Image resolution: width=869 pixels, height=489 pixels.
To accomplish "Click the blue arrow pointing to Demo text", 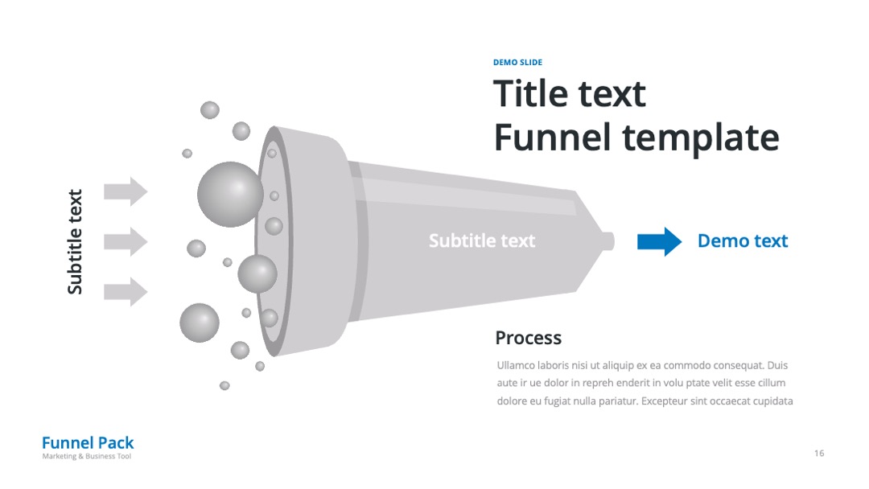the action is point(659,241).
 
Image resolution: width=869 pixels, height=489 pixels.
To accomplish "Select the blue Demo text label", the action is point(743,241).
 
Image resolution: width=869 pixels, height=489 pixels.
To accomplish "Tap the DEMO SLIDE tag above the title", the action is point(517,62).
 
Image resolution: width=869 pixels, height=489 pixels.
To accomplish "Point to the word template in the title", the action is point(701,138).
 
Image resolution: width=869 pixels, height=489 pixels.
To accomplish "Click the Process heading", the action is point(528,338).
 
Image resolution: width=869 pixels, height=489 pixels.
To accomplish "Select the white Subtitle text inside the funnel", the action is point(482,241).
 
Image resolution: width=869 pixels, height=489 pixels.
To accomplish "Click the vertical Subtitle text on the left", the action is point(75,241).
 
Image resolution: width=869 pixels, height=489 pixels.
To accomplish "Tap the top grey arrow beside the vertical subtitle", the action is point(126,191).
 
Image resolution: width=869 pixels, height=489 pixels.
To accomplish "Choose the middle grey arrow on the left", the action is point(126,241).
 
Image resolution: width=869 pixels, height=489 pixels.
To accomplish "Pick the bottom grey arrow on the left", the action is point(126,292).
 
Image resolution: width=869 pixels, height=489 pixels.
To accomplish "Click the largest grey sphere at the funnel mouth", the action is point(230,195).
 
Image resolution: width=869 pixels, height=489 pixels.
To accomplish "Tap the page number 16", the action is point(819,453).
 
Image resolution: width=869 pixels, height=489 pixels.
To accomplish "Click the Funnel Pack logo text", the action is point(88,442).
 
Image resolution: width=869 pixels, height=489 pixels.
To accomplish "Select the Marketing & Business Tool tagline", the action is point(86,456).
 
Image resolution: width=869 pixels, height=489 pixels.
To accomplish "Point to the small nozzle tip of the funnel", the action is point(608,241).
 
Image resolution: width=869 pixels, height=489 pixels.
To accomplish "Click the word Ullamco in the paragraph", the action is point(516,365).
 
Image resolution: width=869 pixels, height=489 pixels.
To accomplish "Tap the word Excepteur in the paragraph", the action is point(664,401).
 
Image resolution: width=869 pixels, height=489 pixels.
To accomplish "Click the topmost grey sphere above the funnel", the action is point(209,110).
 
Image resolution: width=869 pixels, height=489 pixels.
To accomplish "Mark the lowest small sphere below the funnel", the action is point(224,385).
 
